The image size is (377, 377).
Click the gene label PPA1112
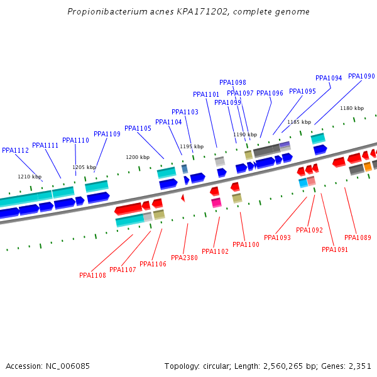pos(15,151)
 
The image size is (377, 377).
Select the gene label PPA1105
pos(138,129)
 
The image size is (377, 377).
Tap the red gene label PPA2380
pos(184,258)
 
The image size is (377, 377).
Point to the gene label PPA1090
pos(361,77)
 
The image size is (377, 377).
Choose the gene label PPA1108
pos(92,275)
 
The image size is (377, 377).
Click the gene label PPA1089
pos(358,238)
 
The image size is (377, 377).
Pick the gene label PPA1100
pos(246,244)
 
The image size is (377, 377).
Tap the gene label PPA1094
pos(329,79)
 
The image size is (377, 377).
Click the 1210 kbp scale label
pos(30,177)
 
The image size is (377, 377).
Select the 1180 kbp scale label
pos(352,108)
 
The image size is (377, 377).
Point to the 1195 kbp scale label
pos(192,146)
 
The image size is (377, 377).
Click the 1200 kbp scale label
pos(138,157)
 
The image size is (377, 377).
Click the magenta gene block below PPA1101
pos(216,202)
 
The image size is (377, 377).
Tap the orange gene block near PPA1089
pos(368,167)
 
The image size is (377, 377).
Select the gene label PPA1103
pos(185,112)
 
